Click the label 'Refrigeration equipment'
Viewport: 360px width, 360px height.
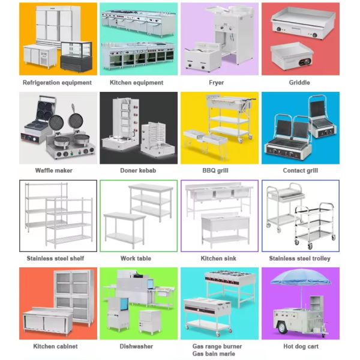pyautogui.click(x=57, y=83)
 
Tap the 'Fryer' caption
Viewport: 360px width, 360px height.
pyautogui.click(x=216, y=83)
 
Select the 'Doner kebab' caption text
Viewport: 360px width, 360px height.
pyautogui.click(x=138, y=170)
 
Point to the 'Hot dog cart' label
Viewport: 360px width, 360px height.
pyautogui.click(x=301, y=346)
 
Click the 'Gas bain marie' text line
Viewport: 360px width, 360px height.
pyautogui.click(x=214, y=354)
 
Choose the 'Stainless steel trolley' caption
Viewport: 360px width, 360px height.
pyautogui.click(x=299, y=259)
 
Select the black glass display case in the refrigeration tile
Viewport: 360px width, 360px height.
pyautogui.click(x=76, y=56)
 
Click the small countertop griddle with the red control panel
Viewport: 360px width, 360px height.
pyautogui.click(x=292, y=56)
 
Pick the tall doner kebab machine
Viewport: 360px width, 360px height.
pyautogui.click(x=121, y=124)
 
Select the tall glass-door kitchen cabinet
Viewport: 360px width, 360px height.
pyautogui.click(x=74, y=297)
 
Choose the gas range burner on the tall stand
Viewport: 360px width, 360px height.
pyautogui.click(x=230, y=288)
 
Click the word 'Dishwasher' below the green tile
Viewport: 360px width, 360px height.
pyautogui.click(x=136, y=346)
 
